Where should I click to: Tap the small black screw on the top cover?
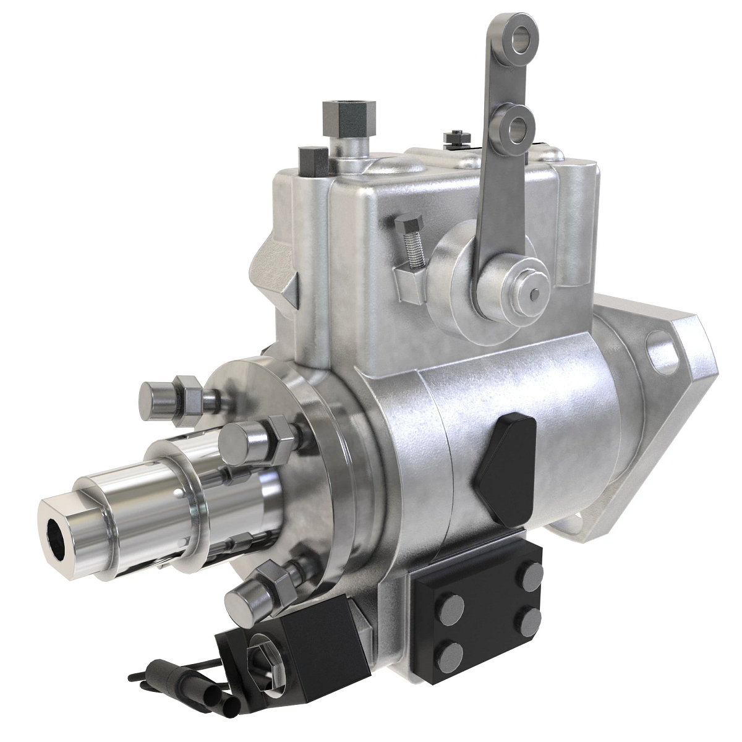[455, 135]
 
